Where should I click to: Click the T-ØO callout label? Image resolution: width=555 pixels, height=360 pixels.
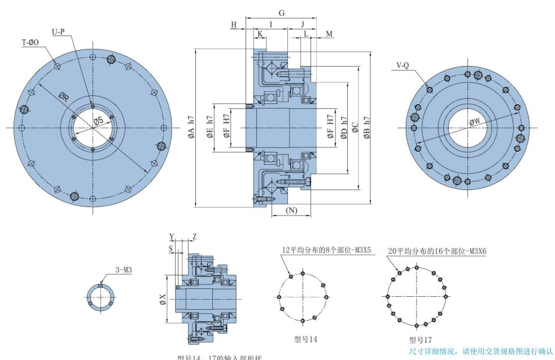[30, 42]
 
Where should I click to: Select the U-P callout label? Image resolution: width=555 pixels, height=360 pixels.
[59, 32]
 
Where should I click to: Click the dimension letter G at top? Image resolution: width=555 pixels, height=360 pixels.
[282, 12]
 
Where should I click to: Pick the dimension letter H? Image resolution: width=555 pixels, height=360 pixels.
[234, 24]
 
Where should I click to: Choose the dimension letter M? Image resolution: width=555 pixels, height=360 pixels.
[329, 34]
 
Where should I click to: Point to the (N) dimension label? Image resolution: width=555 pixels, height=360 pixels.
[291, 210]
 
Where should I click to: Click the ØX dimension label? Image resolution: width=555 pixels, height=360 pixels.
[163, 299]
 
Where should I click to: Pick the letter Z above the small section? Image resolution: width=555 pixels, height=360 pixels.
[194, 236]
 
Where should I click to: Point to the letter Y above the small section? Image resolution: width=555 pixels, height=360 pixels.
[172, 236]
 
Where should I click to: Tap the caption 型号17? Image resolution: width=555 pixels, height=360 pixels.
[421, 340]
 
